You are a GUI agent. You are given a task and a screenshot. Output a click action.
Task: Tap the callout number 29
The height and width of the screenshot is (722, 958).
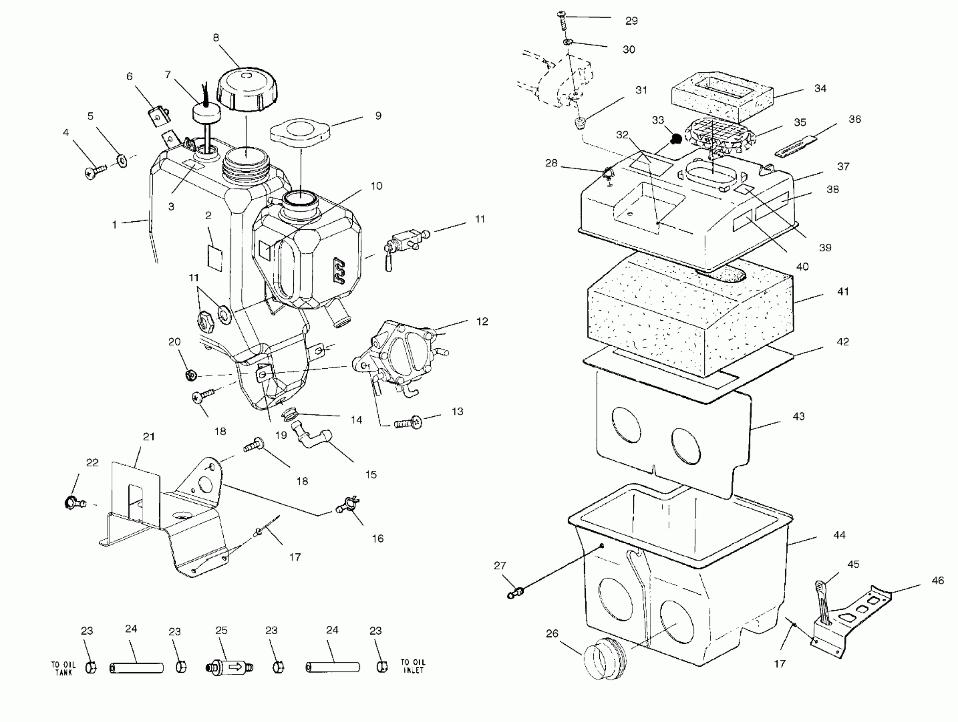coord(632,21)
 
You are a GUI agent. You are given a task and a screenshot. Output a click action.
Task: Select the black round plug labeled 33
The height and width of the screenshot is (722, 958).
coord(676,139)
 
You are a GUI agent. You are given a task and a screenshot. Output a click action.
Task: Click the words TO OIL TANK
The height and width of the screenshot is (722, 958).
coord(63,668)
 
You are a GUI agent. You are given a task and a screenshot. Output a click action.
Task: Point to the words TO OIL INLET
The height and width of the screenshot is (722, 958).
coord(413,666)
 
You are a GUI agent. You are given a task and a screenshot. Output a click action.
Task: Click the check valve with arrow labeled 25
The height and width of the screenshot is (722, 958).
coord(229,666)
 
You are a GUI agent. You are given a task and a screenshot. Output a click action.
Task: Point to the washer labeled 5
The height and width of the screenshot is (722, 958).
coord(122,161)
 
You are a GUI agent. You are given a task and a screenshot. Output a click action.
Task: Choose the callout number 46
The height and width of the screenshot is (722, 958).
coord(938,580)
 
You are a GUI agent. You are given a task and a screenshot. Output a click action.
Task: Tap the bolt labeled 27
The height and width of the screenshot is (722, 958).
coord(516,592)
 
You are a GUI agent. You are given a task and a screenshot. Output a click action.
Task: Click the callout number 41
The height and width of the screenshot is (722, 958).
coord(843,292)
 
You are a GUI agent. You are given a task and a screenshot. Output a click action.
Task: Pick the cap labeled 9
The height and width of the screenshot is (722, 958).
coord(300,130)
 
